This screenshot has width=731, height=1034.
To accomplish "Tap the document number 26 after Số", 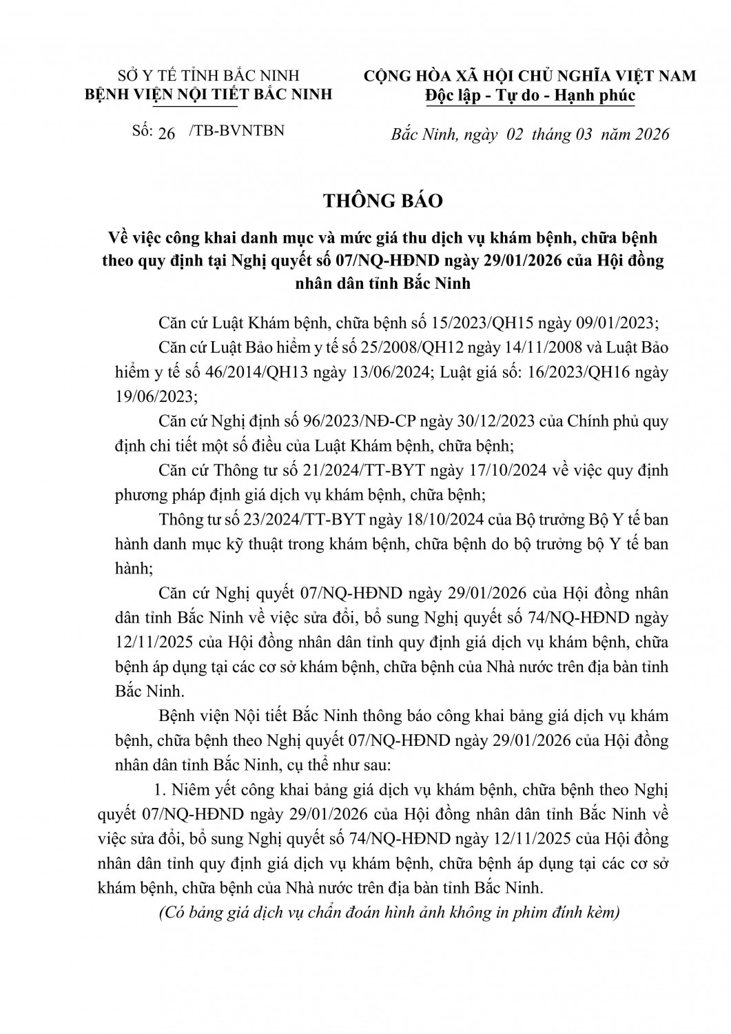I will click(167, 133).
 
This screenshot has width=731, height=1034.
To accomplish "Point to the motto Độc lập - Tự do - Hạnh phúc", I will click(529, 96).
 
